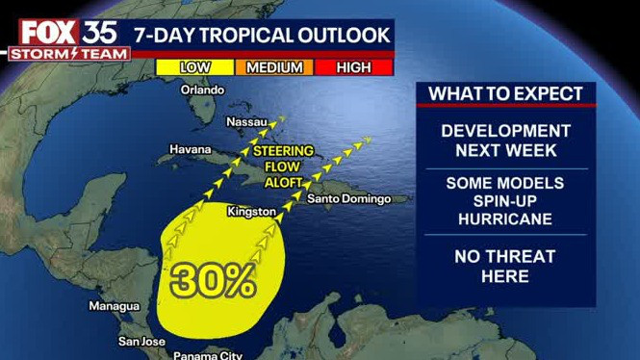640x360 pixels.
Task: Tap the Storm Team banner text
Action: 68,54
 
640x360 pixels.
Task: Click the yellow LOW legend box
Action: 195,67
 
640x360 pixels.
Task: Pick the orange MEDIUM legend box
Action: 274,67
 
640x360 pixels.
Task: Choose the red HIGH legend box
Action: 353,67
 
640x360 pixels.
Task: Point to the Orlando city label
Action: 202,90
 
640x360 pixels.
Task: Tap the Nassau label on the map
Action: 246,123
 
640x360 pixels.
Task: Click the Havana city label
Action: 190,150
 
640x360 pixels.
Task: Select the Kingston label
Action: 252,211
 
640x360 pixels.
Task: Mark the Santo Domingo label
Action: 349,199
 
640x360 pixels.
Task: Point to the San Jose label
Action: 142,341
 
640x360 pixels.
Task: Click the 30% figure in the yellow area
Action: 214,279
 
